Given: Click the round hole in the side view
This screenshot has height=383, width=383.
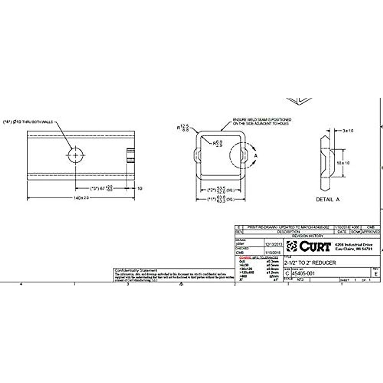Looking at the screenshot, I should coord(76,155).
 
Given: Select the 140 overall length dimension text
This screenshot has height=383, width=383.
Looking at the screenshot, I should coord(81,198).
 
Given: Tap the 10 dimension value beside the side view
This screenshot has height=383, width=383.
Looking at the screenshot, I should coord(139,189).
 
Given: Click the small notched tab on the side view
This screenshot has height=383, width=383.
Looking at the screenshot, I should coord(130,155).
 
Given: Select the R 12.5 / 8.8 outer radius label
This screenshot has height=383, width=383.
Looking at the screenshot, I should coord(184,127).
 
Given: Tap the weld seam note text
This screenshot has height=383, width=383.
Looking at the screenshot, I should coord(262,121).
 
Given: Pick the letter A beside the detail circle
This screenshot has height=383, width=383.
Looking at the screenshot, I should coord(256,155).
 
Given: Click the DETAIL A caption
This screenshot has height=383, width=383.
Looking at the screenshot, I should coord(327,199).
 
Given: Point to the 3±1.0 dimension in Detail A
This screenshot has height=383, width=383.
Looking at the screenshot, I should coord(348,131).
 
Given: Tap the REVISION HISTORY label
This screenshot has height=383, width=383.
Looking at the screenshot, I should coord(308,236).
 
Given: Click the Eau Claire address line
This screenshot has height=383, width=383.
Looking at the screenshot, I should coord(353,249).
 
